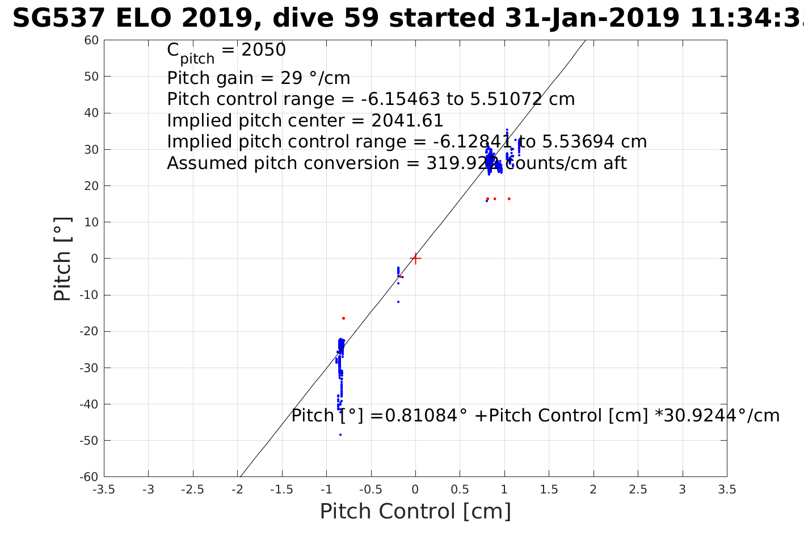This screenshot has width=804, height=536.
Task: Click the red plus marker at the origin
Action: [415, 259]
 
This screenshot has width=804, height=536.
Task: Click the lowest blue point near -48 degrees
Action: [340, 434]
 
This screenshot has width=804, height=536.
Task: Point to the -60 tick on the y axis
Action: [90, 477]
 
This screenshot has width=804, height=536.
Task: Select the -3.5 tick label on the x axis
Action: [104, 489]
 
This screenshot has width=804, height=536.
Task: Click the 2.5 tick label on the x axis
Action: [638, 489]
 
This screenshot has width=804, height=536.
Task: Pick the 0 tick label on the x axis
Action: [415, 489]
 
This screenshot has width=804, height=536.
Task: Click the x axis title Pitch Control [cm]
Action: [415, 512]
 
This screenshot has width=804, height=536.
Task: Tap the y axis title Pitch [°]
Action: [62, 259]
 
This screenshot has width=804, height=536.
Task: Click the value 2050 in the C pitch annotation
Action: [264, 50]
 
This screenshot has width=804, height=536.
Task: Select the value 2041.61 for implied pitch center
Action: [407, 121]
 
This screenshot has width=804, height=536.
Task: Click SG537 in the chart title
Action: [58, 19]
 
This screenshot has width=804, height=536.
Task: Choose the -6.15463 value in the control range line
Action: [401, 99]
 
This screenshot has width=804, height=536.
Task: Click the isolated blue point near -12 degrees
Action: [398, 302]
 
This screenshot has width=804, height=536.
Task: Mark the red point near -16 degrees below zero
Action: [343, 318]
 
